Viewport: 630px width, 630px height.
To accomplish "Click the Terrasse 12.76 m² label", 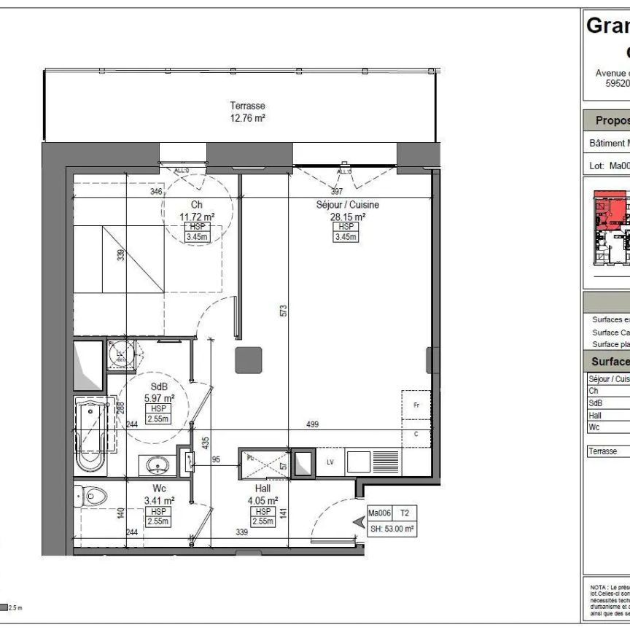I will [247, 112].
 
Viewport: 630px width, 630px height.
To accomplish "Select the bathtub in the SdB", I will [91, 435].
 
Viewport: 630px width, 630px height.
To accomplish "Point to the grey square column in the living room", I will [248, 359].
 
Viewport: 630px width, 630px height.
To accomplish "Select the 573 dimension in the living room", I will [284, 309].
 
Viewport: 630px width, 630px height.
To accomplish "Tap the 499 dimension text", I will [311, 424].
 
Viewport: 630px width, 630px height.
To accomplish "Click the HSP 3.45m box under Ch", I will [198, 232].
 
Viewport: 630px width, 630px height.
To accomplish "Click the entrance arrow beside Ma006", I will [358, 521].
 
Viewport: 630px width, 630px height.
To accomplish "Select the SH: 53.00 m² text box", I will [392, 529].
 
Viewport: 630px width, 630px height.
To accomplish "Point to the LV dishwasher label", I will [330, 462].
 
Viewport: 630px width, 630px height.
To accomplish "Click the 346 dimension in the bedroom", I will [156, 192].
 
